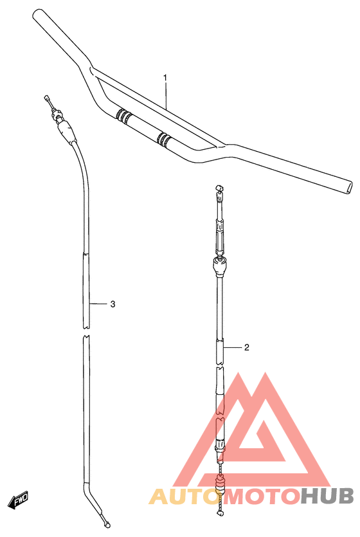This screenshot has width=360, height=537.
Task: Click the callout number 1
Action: (165, 78)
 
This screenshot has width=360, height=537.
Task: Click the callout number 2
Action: (247, 347)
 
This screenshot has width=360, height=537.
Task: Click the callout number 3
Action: (113, 304)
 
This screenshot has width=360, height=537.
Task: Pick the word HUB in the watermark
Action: (327, 496)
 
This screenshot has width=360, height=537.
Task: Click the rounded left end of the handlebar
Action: (37, 15)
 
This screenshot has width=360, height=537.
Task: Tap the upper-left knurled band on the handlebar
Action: (123, 116)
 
